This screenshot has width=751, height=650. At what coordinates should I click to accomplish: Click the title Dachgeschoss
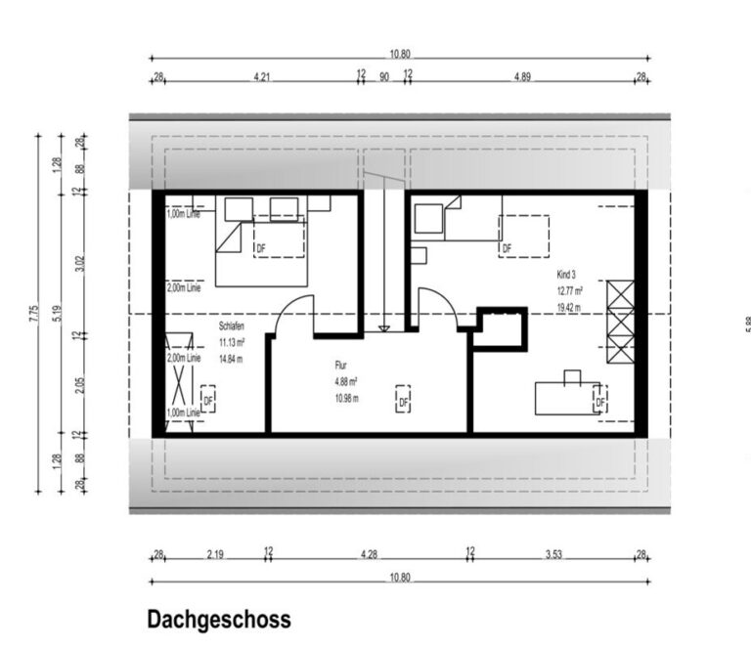(x=218, y=620)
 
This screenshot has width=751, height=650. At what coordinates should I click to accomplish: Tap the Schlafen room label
(x=233, y=328)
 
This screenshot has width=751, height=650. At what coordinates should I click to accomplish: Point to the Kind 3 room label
(x=567, y=277)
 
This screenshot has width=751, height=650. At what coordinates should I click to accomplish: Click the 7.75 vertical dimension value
(x=34, y=312)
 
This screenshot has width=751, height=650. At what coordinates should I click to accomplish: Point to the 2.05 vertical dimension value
(x=79, y=383)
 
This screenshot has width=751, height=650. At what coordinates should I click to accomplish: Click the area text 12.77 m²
(x=570, y=291)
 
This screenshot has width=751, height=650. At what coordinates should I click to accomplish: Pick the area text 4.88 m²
(x=345, y=382)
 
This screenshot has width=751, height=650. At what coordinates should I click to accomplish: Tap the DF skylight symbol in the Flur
(x=403, y=400)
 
